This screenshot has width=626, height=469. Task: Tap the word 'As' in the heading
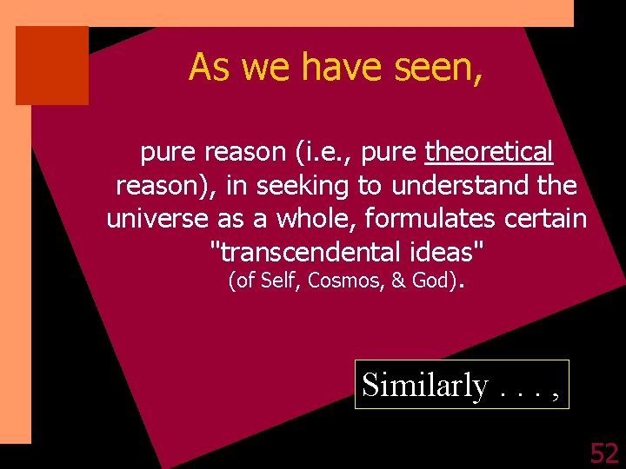[209, 67]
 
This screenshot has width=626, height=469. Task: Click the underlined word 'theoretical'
[489, 153]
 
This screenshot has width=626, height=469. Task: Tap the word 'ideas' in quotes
[446, 252]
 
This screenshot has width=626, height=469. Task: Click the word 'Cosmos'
[339, 281]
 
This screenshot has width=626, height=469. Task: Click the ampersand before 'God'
[398, 281]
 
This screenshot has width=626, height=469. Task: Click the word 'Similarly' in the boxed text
[425, 385]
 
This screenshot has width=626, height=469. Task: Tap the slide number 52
[603, 452]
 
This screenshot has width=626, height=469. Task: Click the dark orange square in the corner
[52, 65]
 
